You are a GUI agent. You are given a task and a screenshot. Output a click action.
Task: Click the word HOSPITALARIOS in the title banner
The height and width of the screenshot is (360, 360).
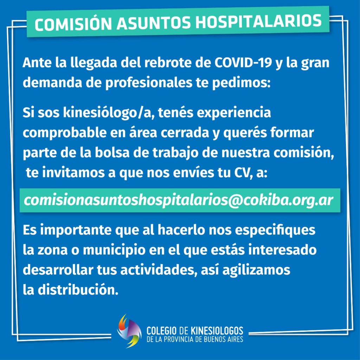pos(258,21)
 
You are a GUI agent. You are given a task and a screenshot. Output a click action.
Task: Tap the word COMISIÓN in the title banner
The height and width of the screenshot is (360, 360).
pos(73,24)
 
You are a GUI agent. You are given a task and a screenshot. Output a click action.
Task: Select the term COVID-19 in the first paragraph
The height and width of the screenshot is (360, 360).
pos(243,63)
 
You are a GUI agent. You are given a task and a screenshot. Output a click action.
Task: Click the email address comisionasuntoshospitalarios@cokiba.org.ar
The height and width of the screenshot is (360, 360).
pos(178,200)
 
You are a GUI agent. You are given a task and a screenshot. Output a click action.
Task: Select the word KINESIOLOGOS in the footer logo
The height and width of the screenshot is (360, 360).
pos(217,330)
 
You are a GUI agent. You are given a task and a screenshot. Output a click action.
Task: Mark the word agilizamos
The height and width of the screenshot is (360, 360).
pos(256,270)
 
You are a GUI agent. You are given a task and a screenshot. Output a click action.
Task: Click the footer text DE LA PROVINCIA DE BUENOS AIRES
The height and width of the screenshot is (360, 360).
pos(195,339)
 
